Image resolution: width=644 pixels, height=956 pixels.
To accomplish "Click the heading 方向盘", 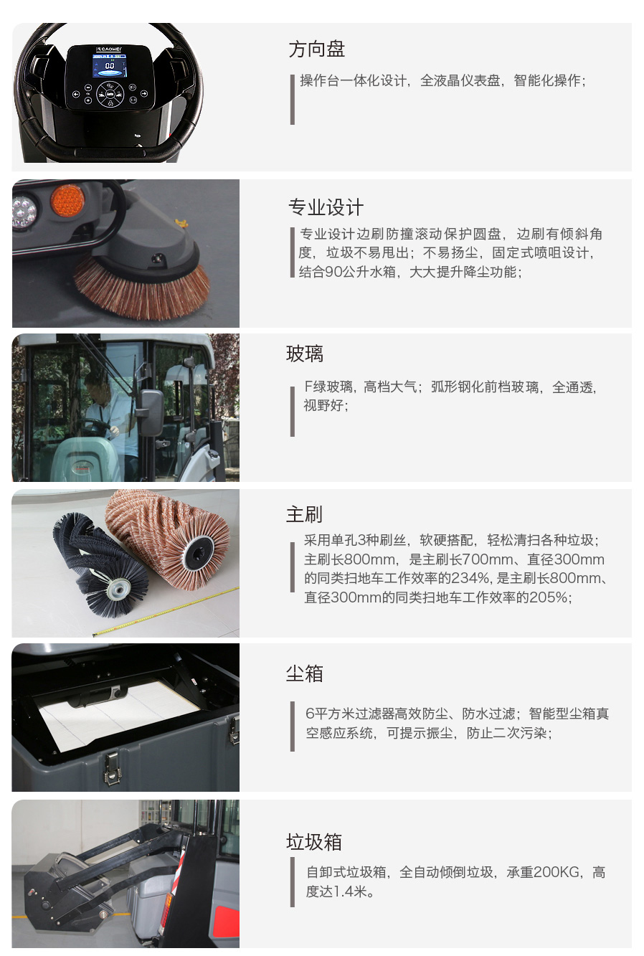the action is (x=316, y=49).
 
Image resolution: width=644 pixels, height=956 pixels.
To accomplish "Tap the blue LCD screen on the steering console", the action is (x=110, y=69).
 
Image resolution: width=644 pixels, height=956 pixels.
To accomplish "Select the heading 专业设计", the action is (x=326, y=207).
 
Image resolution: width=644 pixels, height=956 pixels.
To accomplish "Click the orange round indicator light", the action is (x=67, y=200).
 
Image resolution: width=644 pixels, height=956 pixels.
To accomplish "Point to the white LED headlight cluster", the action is (x=24, y=211).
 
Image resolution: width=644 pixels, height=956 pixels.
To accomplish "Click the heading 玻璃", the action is (x=305, y=354).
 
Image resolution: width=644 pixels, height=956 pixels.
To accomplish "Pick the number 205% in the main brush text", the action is (x=548, y=597).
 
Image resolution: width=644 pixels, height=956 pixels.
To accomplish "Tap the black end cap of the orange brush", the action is (x=199, y=552).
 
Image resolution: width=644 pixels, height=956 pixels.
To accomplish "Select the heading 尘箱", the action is (x=304, y=673).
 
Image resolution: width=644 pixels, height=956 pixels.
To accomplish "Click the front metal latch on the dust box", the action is (x=113, y=767).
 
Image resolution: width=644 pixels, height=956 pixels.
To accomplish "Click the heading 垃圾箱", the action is (x=313, y=842).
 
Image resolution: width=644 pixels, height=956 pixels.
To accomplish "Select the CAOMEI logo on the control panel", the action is (x=110, y=49).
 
